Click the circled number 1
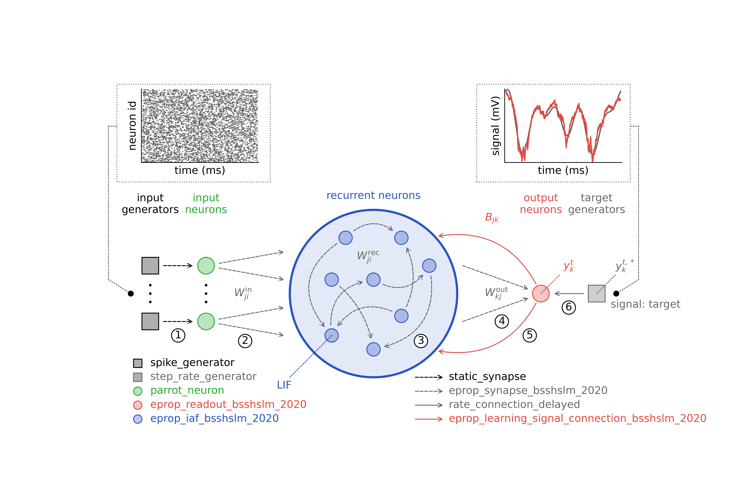[x=178, y=335]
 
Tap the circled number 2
[x=245, y=341]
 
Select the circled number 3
[x=421, y=341]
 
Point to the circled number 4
[x=502, y=321]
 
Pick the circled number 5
[x=530, y=335]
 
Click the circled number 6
[x=569, y=307]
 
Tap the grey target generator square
[x=597, y=293]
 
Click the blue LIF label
[x=284, y=385]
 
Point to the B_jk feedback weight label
[x=492, y=218]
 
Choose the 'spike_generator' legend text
[x=192, y=363]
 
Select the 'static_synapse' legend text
[x=487, y=376]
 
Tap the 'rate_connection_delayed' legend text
[x=514, y=404]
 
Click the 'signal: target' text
[x=645, y=304]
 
